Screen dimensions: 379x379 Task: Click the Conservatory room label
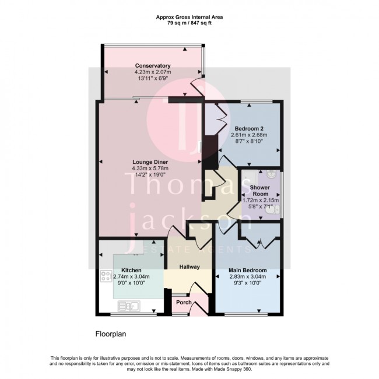tap(152, 65)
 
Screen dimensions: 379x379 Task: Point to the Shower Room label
tap(259, 190)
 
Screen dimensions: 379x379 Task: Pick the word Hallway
tap(189, 267)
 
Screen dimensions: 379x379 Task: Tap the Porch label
tap(184, 302)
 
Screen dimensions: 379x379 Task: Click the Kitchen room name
tap(132, 271)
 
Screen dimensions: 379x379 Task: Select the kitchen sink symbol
tap(128, 304)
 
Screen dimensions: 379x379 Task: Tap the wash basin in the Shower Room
tap(272, 176)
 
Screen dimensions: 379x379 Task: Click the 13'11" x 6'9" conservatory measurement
tap(152, 79)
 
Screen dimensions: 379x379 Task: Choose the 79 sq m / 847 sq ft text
tap(189, 24)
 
